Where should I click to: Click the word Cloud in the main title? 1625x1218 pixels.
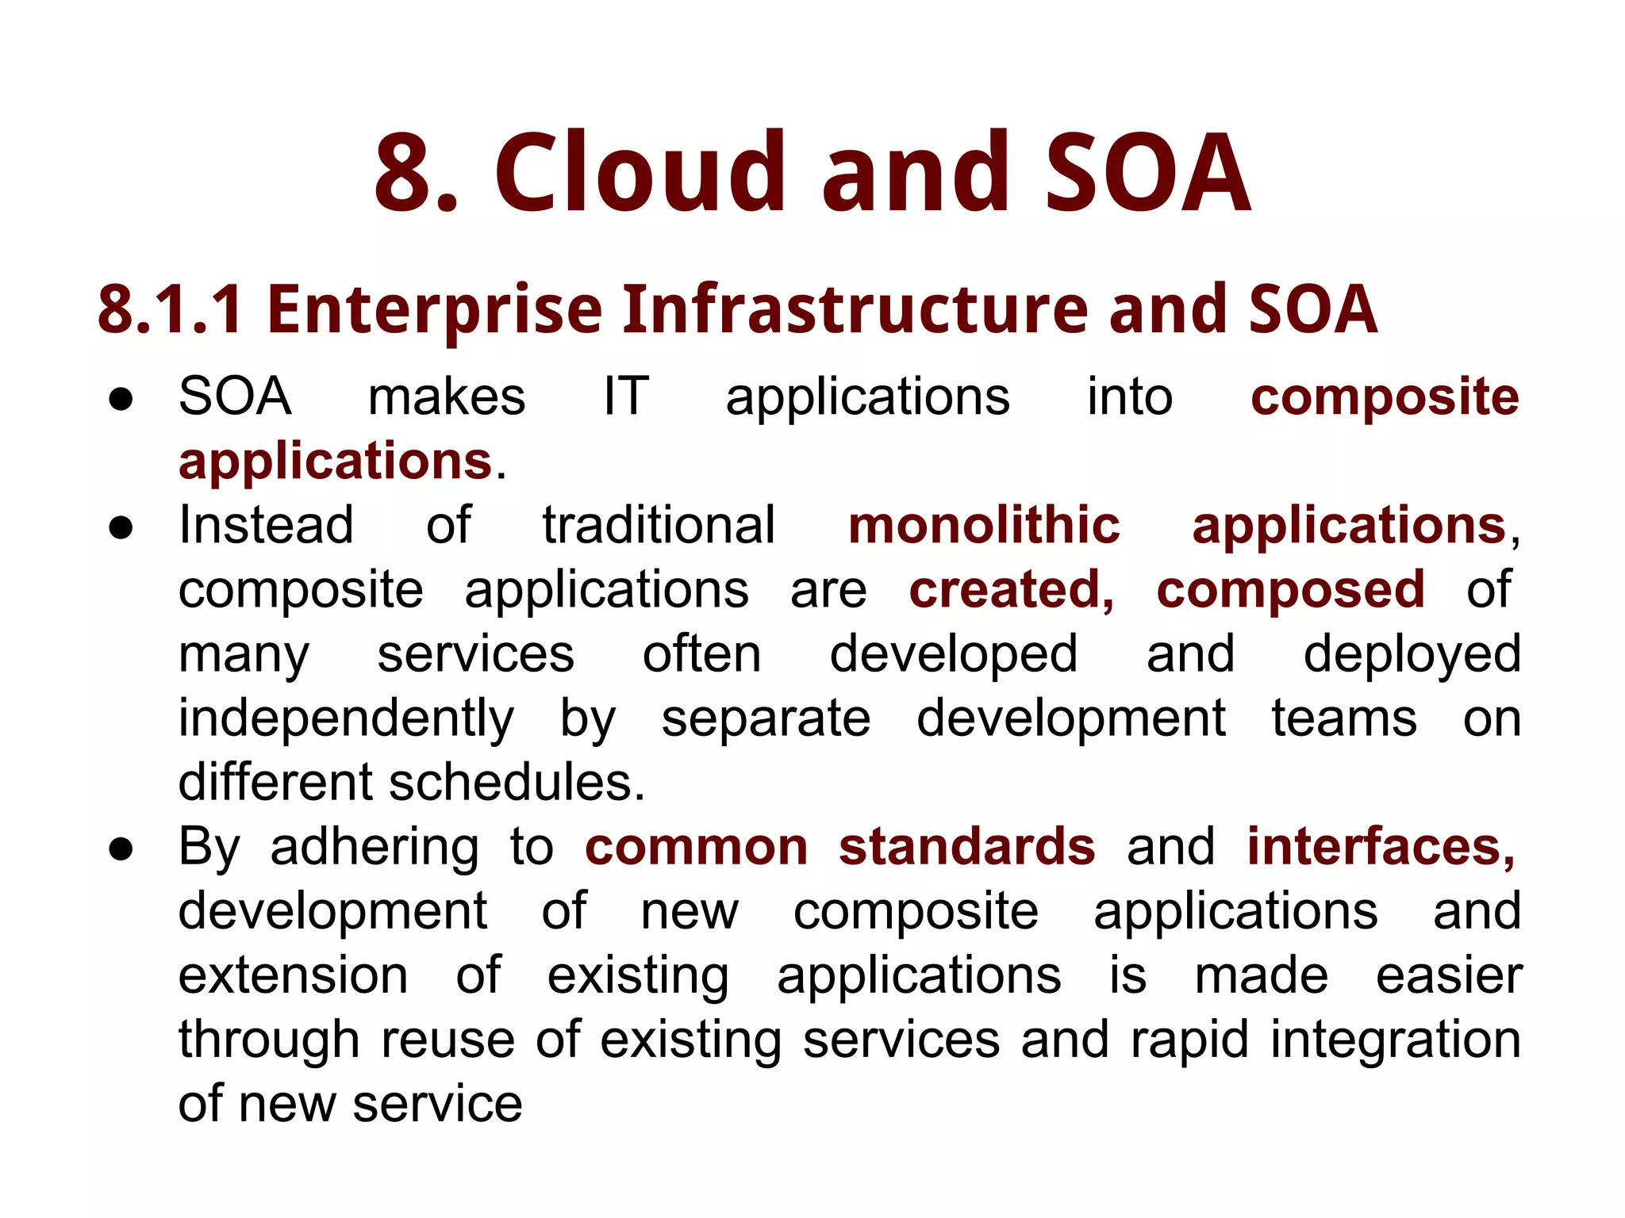tap(640, 173)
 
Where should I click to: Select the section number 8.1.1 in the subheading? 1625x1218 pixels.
tap(170, 309)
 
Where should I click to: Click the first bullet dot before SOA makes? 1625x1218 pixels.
tap(121, 400)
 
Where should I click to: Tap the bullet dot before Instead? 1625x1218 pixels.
tap(121, 528)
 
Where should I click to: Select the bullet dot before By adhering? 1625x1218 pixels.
tap(121, 849)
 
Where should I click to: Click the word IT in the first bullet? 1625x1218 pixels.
tap(626, 396)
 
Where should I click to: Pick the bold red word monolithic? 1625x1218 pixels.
tap(984, 526)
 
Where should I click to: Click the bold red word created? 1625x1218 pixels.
tap(1012, 590)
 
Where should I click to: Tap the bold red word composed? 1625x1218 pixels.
tap(1290, 592)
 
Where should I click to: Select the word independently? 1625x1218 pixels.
tap(346, 720)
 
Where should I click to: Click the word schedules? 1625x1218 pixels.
tap(517, 783)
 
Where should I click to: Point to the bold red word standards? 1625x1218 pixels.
tap(966, 847)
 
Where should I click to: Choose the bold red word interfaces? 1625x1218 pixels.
tap(1381, 847)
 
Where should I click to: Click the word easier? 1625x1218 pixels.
tap(1449, 975)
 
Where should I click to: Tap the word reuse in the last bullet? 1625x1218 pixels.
tap(448, 1040)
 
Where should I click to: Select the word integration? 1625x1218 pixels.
tap(1395, 1040)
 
